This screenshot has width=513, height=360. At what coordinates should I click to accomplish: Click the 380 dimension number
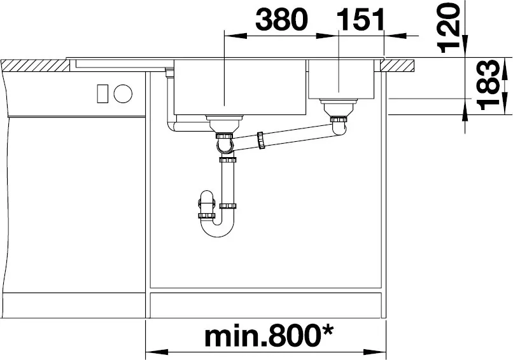point(282,19)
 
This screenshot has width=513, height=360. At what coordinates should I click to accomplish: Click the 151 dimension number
point(360,19)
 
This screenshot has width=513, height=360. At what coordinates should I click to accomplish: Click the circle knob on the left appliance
point(123,94)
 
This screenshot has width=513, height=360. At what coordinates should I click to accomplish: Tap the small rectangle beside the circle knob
point(102,94)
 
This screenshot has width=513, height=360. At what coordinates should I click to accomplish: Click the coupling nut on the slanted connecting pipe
point(261,141)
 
